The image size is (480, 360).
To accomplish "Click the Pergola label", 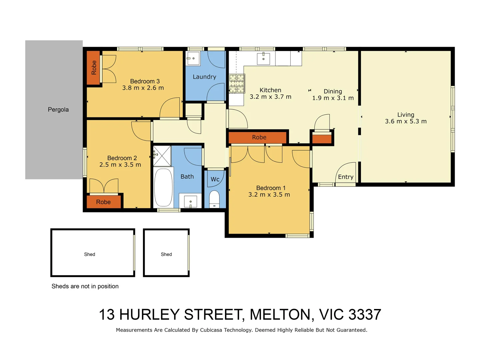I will point(58,110).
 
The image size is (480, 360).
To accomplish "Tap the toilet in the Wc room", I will point(214,199).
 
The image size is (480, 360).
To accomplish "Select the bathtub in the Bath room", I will point(163,188).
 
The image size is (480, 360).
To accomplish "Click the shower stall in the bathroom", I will point(162,156).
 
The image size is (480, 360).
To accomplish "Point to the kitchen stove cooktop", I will point(237,83).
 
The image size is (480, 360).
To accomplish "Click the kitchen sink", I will point(263,59).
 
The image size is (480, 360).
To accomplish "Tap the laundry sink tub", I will point(193,59).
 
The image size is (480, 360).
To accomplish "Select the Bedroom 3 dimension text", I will point(143,88).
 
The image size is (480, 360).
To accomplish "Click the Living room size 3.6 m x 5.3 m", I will point(406,121).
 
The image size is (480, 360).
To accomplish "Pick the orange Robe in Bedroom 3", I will point(94,67).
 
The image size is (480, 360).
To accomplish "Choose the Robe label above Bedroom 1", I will point(259,137).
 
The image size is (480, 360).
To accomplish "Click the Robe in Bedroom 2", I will point(103,202).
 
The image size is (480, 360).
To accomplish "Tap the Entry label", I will point(346,177).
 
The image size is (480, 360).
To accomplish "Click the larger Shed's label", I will point(89,254).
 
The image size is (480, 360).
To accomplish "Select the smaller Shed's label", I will point(166,254).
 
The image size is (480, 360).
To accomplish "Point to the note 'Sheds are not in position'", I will point(85,286).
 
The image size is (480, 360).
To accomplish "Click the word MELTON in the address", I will point(280,315).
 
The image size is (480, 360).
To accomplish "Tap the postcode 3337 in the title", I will point(365,315).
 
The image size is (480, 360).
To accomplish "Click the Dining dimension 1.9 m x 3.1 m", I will point(333,98).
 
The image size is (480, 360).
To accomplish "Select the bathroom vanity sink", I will point(190,202).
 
